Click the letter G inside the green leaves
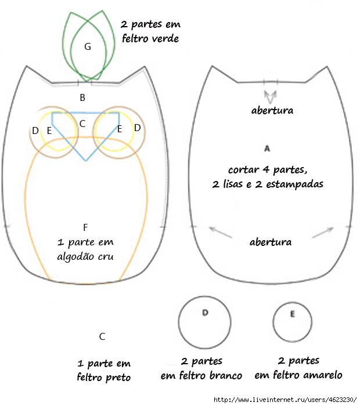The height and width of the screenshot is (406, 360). coord(88,46)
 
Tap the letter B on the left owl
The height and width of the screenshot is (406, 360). coord(82,97)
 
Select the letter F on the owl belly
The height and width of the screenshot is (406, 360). coord(85,227)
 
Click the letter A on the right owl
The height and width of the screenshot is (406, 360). coord(267,148)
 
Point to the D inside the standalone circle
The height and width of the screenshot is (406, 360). coord(205,313)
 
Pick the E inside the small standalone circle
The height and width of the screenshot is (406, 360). coord(292,314)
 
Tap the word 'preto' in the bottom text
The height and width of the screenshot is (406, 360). coord(118,378)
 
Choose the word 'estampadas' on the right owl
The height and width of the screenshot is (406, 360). coord(295,184)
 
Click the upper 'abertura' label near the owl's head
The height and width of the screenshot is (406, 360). coord(272,111)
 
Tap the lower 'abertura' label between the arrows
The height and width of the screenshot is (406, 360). coord(271,242)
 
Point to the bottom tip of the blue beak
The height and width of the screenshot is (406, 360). coord(86,161)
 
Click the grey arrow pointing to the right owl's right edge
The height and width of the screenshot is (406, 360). coord(323,232)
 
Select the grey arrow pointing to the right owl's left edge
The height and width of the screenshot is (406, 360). coord(220,232)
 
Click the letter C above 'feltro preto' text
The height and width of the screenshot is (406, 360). coord(102,336)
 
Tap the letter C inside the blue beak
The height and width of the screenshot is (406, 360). coord(82,124)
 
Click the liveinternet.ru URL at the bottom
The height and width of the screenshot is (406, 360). coord(285,400)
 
